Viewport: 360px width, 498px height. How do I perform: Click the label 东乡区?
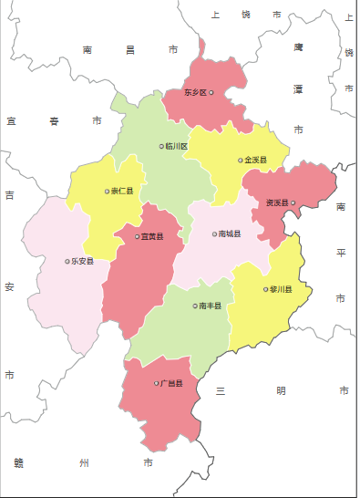pyautogui.click(x=196, y=93)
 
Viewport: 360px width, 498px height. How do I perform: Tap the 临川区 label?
pyautogui.click(x=177, y=146)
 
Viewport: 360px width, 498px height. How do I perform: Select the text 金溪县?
pyautogui.click(x=256, y=161)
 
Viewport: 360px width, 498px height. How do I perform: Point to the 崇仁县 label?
pyautogui.click(x=122, y=192)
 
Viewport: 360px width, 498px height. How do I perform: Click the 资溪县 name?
pyautogui.click(x=277, y=202)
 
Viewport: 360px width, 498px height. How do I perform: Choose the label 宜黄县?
pyautogui.click(x=152, y=237)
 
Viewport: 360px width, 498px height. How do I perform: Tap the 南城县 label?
pyautogui.click(x=231, y=234)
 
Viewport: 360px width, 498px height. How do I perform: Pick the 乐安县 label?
pyautogui.click(x=83, y=262)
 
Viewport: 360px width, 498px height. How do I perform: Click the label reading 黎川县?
pyautogui.click(x=282, y=290)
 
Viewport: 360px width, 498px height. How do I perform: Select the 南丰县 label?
pyautogui.click(x=211, y=306)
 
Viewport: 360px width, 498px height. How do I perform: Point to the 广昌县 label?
pyautogui.click(x=172, y=383)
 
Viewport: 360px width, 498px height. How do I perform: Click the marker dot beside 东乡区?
pyautogui.click(x=211, y=92)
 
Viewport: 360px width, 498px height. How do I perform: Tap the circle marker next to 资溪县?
pyautogui.click(x=293, y=202)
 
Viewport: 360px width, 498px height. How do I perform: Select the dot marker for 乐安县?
pyautogui.click(x=67, y=262)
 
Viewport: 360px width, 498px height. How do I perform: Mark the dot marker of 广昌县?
pyautogui.click(x=157, y=383)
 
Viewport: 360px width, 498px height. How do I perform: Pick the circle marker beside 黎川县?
pyautogui.click(x=266, y=289)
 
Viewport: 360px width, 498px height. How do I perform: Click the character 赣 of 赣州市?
pyautogui.click(x=19, y=463)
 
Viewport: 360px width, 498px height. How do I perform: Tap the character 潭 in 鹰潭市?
pyautogui.click(x=298, y=88)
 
